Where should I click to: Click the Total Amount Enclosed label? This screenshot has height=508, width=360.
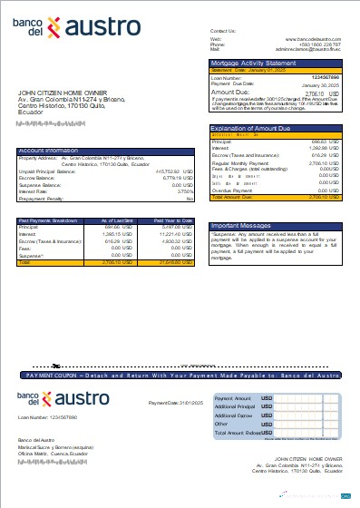(x=238, y=434)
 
